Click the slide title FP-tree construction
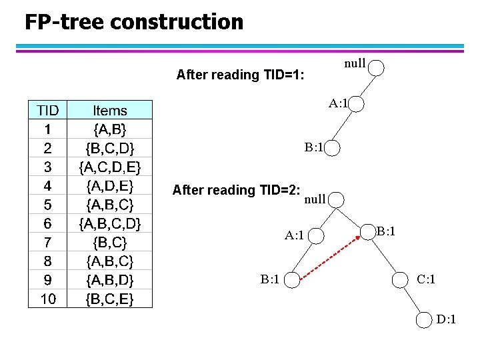tap(134, 22)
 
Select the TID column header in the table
tap(48, 110)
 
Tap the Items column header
tap(110, 110)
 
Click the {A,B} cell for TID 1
tap(110, 128)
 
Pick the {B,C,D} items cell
tap(110, 147)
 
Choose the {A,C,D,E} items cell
tap(110, 165)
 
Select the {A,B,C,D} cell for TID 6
tap(110, 222)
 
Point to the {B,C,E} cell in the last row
tap(110, 298)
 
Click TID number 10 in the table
tap(48, 298)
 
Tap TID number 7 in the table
tap(48, 241)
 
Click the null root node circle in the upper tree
tap(377, 67)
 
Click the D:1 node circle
tap(425, 321)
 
